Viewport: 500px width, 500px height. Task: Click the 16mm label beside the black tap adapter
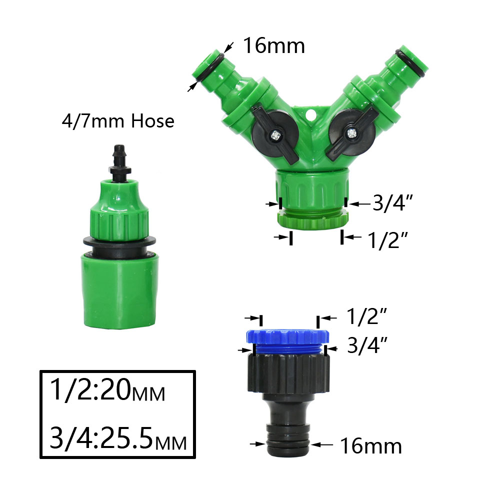point(370,445)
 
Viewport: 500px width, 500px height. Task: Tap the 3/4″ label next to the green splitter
point(391,203)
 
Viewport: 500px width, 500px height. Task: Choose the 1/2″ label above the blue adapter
point(367,316)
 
